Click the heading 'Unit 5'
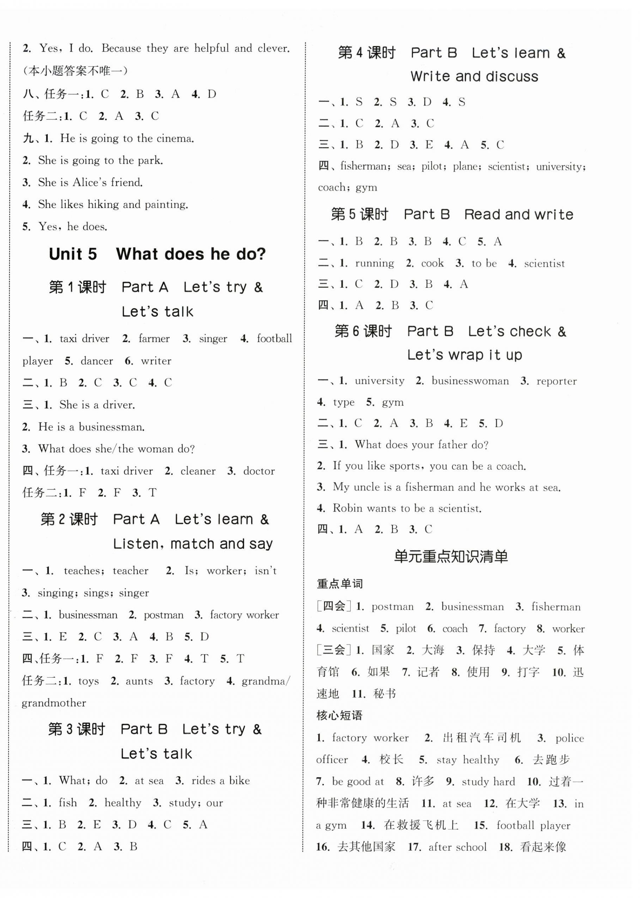click(x=73, y=254)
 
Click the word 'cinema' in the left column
click(x=175, y=138)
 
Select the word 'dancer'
click(x=96, y=361)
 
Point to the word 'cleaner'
click(x=198, y=471)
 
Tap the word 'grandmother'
click(x=54, y=703)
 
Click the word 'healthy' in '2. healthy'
click(x=123, y=802)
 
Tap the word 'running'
click(x=374, y=263)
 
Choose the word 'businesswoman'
click(x=470, y=381)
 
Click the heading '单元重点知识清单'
click(x=451, y=556)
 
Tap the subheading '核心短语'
click(x=339, y=715)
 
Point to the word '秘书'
click(x=384, y=694)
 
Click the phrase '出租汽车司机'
click(x=482, y=737)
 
